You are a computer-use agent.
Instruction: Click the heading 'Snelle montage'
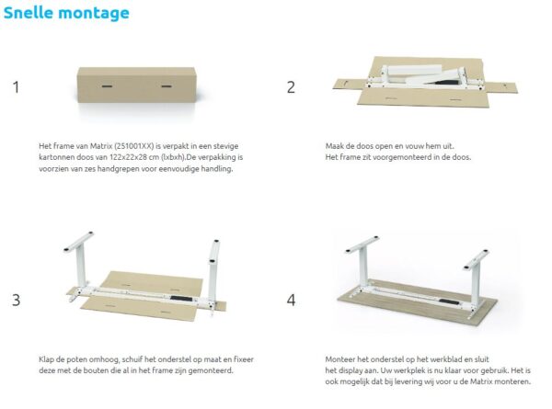tap(66, 14)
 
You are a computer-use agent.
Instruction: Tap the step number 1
tap(16, 87)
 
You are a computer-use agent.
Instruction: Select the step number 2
tap(291, 87)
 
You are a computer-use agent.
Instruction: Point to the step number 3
tap(17, 300)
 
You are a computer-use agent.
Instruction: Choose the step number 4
tap(291, 300)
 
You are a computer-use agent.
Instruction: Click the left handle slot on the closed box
tap(107, 85)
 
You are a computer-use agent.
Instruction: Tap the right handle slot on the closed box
tap(167, 85)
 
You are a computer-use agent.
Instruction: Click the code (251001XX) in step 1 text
tap(134, 146)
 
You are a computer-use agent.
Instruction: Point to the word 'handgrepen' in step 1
tap(119, 169)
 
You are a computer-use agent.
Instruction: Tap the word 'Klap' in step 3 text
tap(47, 359)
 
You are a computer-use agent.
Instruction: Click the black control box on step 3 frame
tap(181, 299)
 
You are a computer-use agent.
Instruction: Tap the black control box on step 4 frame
tap(449, 302)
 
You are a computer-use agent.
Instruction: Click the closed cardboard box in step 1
tap(136, 85)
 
